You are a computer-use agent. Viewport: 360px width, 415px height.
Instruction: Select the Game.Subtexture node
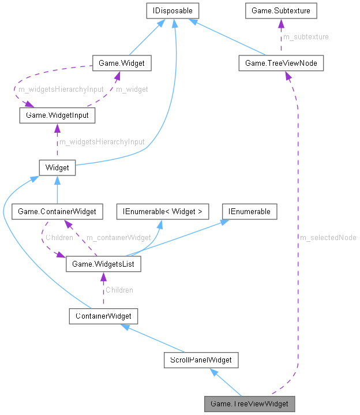click(280, 10)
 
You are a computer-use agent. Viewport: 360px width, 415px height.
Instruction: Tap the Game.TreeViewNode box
click(280, 63)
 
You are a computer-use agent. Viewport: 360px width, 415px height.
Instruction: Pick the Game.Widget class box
click(122, 63)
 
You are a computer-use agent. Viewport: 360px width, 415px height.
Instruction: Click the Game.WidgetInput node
click(57, 115)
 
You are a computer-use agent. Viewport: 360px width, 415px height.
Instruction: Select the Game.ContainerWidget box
click(57, 212)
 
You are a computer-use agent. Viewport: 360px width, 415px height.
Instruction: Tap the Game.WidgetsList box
click(103, 264)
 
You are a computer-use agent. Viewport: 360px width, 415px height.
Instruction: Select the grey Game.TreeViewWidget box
click(249, 403)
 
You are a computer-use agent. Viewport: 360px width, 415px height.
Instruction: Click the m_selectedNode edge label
click(327, 237)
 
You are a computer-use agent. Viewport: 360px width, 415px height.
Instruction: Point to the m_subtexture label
click(306, 37)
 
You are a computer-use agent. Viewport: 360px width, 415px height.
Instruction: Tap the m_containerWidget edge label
click(118, 237)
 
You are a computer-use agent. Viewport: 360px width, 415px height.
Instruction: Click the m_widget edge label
click(132, 89)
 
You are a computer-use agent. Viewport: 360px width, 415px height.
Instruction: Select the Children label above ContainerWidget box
click(119, 290)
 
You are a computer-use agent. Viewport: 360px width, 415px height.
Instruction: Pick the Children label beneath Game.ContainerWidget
click(59, 237)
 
